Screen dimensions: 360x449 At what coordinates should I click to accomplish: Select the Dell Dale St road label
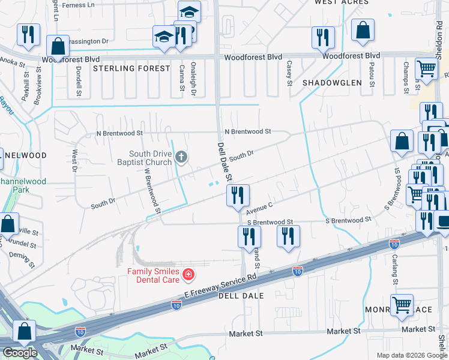pyautogui.click(x=223, y=162)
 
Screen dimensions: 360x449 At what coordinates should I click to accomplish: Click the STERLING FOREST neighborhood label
pyautogui.click(x=132, y=68)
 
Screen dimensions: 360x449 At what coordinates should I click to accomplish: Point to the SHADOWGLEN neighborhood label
pyautogui.click(x=332, y=82)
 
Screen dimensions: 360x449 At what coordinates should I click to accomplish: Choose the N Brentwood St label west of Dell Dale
pyautogui.click(x=120, y=133)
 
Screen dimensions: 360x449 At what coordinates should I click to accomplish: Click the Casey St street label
pyautogui.click(x=289, y=73)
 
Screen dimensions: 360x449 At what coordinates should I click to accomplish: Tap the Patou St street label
pyautogui.click(x=372, y=73)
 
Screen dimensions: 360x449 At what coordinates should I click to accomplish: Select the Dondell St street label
pyautogui.click(x=79, y=81)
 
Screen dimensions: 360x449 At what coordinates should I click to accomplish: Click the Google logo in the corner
pyautogui.click(x=19, y=352)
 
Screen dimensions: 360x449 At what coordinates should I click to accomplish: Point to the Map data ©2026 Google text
pyautogui.click(x=411, y=355)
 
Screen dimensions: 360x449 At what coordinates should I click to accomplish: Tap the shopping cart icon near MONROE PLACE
pyautogui.click(x=401, y=305)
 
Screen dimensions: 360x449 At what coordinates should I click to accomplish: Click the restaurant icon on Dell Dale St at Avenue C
pyautogui.click(x=237, y=195)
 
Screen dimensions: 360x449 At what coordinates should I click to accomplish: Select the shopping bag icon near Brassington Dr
pyautogui.click(x=57, y=46)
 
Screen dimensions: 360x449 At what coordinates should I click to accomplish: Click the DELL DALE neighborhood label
pyautogui.click(x=241, y=296)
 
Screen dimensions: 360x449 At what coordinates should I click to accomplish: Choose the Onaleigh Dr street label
pyautogui.click(x=193, y=79)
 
